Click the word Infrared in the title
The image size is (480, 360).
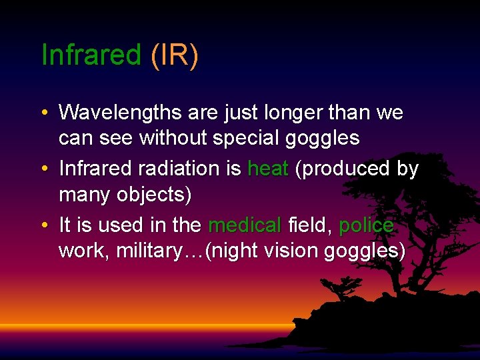[x=91, y=55]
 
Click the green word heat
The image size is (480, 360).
[x=267, y=169]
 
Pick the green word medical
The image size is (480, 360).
[x=245, y=225]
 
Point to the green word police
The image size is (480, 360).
[x=366, y=225]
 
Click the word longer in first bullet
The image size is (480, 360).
[x=289, y=113]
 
